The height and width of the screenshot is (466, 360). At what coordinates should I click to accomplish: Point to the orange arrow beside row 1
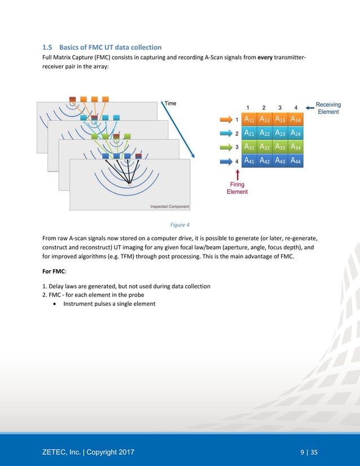226,120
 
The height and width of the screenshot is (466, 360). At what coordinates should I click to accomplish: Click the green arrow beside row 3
226,147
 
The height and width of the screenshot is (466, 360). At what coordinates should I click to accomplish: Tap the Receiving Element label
327,108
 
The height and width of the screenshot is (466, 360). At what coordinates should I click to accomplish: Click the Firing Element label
237,188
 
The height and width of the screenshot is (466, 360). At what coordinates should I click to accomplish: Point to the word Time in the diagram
170,103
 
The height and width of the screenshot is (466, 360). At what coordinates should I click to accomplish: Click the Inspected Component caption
170,206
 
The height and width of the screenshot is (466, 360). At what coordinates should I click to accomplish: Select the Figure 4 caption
180,224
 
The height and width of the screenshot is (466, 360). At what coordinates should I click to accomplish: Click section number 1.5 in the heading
49,47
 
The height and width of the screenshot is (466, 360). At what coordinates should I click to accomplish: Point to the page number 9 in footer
302,452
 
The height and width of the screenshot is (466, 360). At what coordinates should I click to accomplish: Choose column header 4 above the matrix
296,107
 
